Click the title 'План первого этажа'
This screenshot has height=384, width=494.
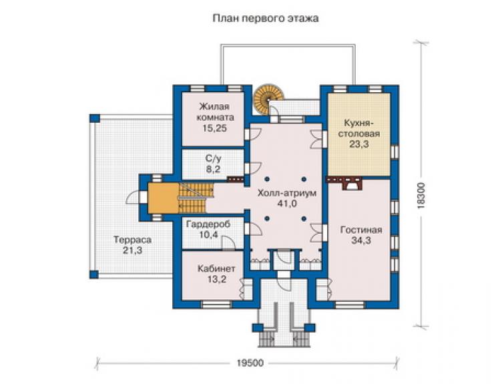click(x=265, y=18)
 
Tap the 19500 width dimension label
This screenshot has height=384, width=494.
click(x=250, y=363)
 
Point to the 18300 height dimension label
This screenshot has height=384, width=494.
click(x=421, y=196)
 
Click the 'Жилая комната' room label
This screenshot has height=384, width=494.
click(x=215, y=112)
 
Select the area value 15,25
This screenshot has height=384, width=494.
click(x=215, y=128)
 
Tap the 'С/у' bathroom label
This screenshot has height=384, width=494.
click(x=214, y=158)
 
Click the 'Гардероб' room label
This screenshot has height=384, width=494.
click(x=208, y=224)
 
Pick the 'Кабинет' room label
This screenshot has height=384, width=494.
click(x=216, y=268)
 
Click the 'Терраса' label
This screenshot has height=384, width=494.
click(x=132, y=240)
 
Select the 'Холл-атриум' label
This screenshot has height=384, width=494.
click(x=286, y=193)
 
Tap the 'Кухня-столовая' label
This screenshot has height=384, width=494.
click(x=359, y=128)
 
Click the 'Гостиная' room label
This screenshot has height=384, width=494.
click(x=361, y=230)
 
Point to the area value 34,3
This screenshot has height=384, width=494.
click(x=361, y=240)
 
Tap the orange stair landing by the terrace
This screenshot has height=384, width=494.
click(x=164, y=198)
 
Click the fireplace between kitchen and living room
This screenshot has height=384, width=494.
click(x=352, y=184)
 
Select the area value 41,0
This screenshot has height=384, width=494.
click(x=286, y=204)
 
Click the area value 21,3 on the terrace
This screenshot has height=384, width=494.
click(x=132, y=250)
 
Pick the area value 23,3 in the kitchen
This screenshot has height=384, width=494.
click(x=359, y=144)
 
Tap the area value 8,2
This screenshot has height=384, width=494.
click(x=214, y=169)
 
